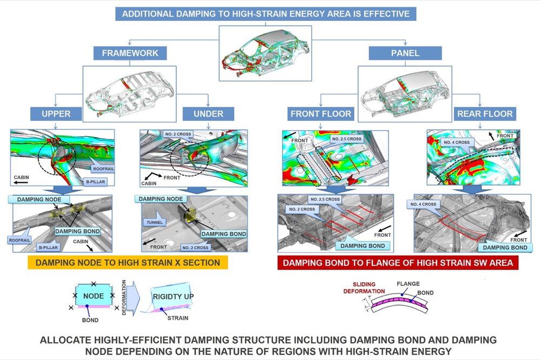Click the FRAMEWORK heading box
[130, 53]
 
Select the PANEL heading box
[405, 53]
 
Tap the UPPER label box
[56, 114]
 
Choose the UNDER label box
[208, 114]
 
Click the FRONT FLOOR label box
[320, 114]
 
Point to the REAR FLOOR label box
[485, 114]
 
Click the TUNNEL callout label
[155, 222]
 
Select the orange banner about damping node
[128, 262]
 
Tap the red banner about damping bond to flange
[398, 263]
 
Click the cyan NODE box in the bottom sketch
[94, 295]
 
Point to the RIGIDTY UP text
[173, 297]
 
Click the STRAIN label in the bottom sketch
[177, 318]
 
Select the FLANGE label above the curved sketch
[408, 284]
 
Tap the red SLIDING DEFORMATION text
[364, 288]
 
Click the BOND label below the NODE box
[90, 320]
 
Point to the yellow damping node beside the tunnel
[190, 215]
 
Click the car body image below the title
[265, 53]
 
